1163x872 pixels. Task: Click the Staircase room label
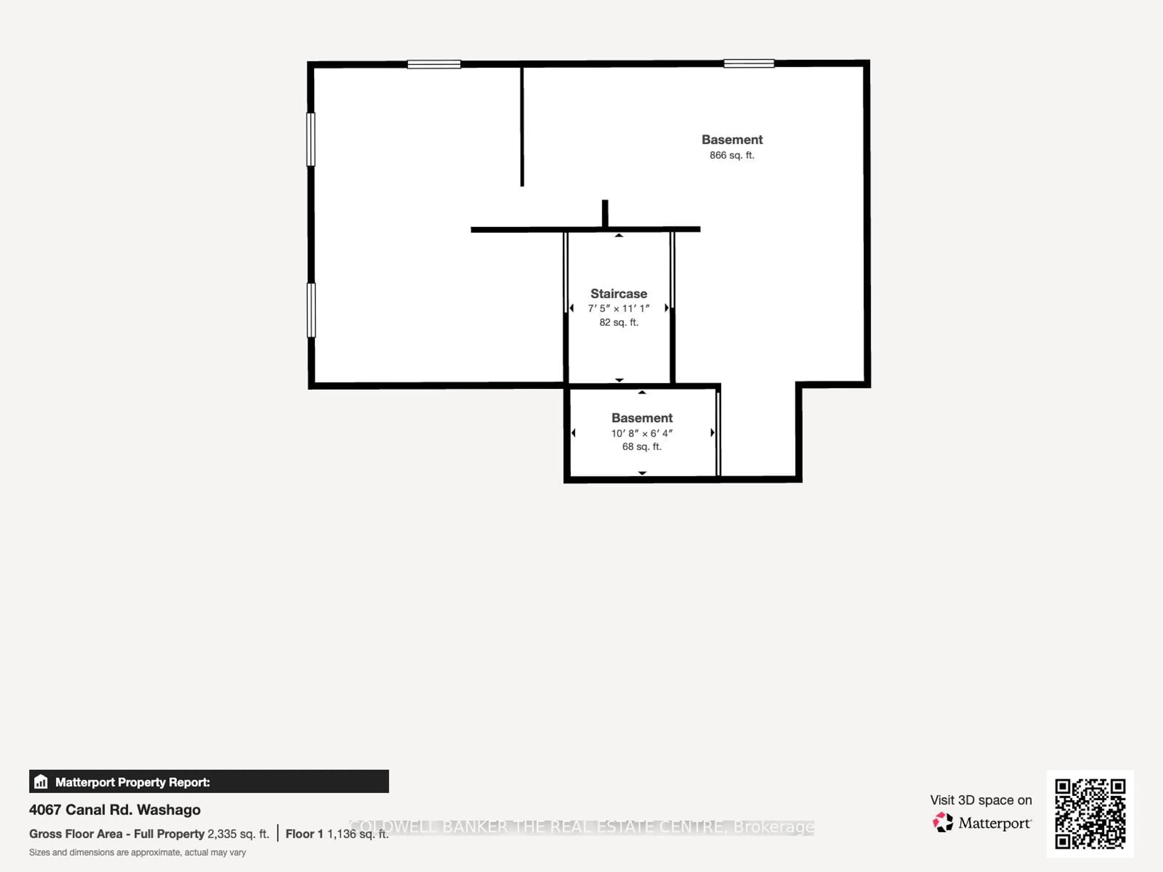tap(618, 293)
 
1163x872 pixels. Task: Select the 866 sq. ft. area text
tap(731, 155)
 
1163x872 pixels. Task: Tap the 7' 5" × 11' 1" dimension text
tap(618, 309)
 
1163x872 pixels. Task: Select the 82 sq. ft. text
tap(618, 322)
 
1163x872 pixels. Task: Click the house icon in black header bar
tap(41, 782)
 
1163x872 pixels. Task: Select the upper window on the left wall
tap(311, 139)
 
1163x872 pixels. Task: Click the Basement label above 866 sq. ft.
tap(731, 140)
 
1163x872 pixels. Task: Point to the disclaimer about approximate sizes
tap(137, 853)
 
